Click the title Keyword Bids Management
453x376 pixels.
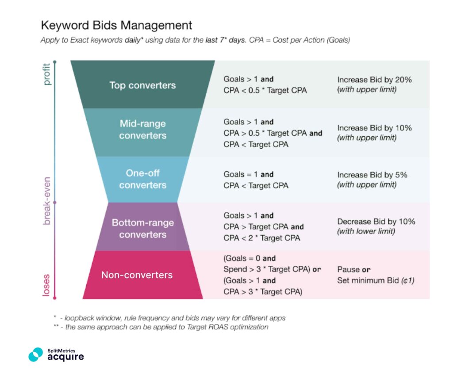point(116,25)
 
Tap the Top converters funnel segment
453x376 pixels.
point(142,85)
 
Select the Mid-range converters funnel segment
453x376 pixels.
point(142,130)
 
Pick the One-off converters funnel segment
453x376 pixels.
point(142,179)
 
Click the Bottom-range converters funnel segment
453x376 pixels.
point(142,228)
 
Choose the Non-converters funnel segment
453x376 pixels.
point(137,275)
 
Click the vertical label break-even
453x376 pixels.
point(47,201)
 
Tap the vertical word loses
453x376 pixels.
point(47,285)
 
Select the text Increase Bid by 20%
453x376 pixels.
point(374,80)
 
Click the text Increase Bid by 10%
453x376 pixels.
point(374,128)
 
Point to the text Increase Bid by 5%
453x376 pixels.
point(372,175)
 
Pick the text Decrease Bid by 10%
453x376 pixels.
point(376,222)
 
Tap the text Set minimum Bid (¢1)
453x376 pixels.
point(376,280)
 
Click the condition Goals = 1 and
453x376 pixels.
point(248,174)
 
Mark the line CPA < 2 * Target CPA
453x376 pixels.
point(261,238)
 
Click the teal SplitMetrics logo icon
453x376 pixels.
point(36,354)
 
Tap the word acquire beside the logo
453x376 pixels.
point(65,357)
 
